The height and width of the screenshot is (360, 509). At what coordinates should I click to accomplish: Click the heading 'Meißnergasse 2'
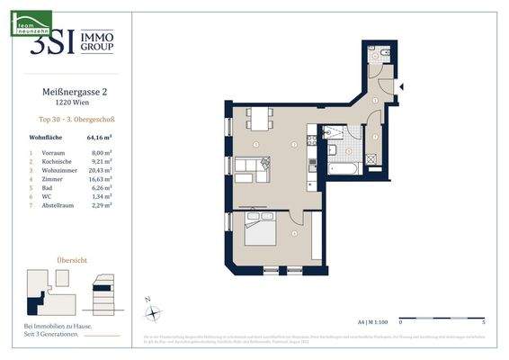[x=68, y=90]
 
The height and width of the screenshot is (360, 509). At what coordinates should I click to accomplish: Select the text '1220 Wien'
[x=68, y=102]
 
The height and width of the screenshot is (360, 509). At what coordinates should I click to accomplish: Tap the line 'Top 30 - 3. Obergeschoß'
[x=68, y=119]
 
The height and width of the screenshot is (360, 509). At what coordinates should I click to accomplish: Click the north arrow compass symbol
[x=154, y=311]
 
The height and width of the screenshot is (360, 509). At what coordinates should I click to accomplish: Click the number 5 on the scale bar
[x=484, y=320]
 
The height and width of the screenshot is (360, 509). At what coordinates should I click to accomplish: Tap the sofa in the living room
[x=253, y=166]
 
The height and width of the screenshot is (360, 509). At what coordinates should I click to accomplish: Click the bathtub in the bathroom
[x=343, y=167]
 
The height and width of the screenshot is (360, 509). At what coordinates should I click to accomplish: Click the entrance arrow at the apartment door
[x=401, y=86]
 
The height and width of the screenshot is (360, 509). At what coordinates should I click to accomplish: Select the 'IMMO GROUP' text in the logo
[x=98, y=42]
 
